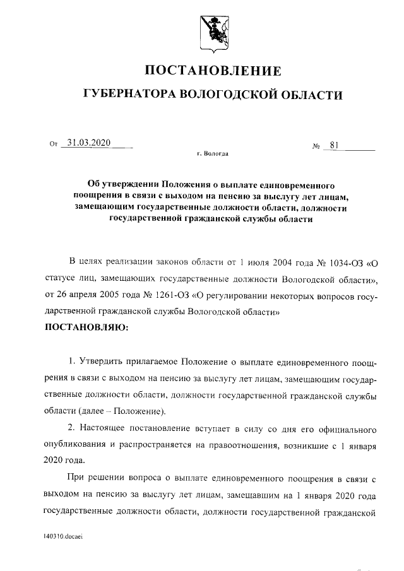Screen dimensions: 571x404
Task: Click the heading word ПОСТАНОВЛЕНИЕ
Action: point(213,70)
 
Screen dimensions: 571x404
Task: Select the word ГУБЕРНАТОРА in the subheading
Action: point(130,96)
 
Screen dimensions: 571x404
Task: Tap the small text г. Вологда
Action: point(213,154)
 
